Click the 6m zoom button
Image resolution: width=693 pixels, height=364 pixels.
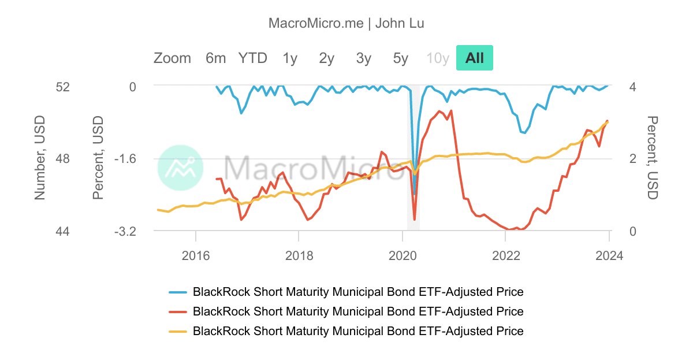coord(215,58)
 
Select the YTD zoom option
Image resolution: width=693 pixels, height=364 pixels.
coord(253,58)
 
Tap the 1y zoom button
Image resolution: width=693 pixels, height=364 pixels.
coord(290,58)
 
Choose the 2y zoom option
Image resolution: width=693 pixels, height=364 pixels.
coord(327,58)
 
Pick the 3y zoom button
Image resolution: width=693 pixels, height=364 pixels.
coord(364,58)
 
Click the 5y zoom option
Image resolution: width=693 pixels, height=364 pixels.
coord(401,58)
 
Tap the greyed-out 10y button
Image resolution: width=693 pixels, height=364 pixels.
coord(438,58)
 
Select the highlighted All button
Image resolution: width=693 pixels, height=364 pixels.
coord(475,58)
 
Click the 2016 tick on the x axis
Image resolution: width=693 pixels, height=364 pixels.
coord(196,254)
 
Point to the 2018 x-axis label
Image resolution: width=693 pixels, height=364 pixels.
coord(299,254)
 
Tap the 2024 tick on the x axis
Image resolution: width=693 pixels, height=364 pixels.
coord(609,254)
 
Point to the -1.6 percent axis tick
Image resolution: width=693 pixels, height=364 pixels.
coord(125,158)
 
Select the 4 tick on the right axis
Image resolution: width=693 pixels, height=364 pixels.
coord(632,87)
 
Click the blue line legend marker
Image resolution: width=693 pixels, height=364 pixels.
coord(178,292)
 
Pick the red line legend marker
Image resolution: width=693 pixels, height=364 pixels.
coord(178,311)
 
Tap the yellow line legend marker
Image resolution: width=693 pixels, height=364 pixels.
coord(178,331)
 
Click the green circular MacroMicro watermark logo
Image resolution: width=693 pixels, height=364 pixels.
coord(180,168)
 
